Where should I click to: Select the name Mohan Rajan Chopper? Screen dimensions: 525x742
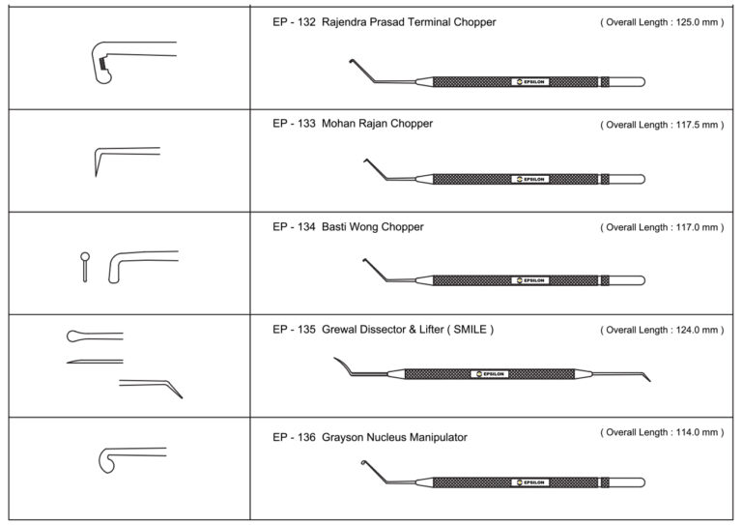pyautogui.click(x=380, y=124)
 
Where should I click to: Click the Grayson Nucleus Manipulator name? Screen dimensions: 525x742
pyautogui.click(x=396, y=437)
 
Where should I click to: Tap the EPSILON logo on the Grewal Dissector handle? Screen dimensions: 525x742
pyautogui.click(x=489, y=373)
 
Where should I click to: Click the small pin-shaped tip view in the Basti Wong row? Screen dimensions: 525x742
pyautogui.click(x=85, y=266)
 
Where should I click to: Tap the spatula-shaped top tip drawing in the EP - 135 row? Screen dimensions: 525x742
pyautogui.click(x=92, y=335)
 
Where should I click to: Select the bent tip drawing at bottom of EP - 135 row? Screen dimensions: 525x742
pyautogui.click(x=155, y=386)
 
